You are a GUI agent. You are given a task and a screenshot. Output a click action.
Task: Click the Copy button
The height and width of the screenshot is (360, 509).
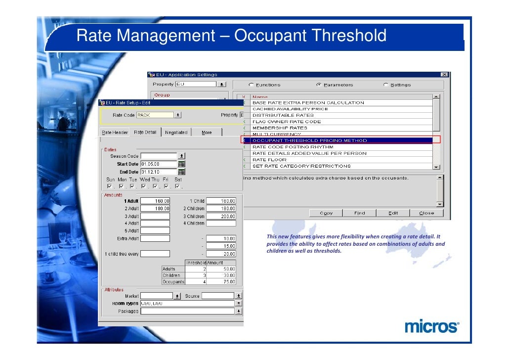pos(326,213)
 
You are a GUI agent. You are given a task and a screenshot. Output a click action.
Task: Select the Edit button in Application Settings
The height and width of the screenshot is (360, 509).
pos(393,213)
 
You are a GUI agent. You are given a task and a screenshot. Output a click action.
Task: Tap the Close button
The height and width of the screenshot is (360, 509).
pos(426,213)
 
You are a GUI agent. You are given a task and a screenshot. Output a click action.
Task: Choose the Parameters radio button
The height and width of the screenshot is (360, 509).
pos(319,85)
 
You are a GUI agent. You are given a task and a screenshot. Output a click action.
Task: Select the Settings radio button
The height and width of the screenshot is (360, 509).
pos(385,85)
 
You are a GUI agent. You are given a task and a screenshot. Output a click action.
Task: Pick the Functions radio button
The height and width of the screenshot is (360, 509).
pos(252,85)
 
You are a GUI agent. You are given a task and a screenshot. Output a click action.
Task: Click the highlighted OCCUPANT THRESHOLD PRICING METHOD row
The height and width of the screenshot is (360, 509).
pos(341,140)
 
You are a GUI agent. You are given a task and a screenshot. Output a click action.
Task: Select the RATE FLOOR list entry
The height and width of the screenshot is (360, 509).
pos(269,160)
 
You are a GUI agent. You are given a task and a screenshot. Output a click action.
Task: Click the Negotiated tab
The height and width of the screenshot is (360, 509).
pos(176,133)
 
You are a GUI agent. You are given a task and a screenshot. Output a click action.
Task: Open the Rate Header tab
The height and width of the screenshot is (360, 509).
pos(115,133)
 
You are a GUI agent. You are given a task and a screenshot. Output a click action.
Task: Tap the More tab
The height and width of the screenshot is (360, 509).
pos(207,133)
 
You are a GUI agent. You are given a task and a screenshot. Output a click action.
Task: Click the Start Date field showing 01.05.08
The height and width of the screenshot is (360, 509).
pos(158,164)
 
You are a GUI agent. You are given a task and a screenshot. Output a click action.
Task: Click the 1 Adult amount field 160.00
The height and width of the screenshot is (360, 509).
pos(155,201)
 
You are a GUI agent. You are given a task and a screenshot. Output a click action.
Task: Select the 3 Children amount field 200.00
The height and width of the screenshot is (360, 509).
pos(221,217)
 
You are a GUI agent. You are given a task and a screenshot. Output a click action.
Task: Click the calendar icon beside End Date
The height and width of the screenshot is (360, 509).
pos(181,172)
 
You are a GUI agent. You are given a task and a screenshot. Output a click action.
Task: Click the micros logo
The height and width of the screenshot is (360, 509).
pos(431,327)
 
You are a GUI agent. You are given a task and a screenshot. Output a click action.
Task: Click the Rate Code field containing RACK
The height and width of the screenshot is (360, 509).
pos(155,115)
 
